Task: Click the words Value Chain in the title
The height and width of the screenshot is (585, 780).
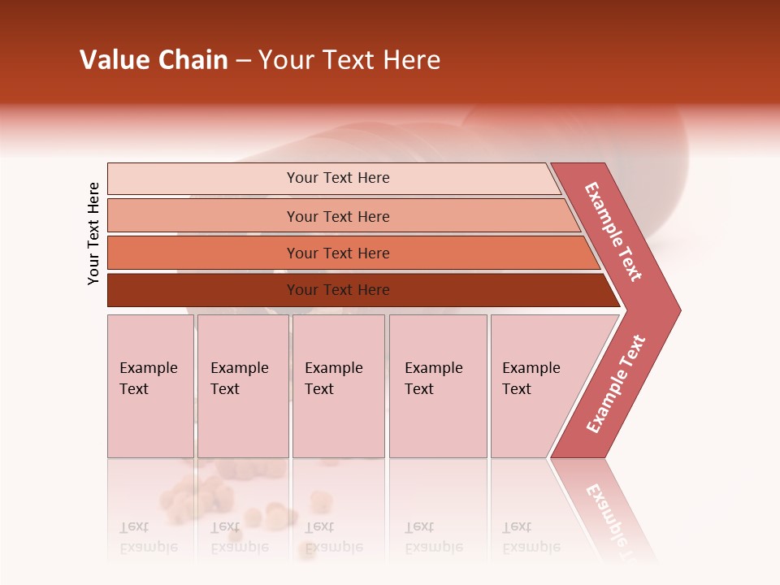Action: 154,60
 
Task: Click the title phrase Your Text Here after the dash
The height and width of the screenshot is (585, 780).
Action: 349,60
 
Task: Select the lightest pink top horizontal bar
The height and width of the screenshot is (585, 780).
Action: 203,178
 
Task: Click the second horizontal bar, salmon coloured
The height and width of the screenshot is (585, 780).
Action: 203,216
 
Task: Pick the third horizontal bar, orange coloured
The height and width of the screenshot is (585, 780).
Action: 203,253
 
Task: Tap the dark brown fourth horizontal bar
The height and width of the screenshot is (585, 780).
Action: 203,290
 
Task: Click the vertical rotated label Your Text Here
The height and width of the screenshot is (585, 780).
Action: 93,233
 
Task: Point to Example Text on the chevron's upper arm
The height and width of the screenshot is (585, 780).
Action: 613,231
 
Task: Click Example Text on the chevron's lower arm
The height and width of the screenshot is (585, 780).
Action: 615,384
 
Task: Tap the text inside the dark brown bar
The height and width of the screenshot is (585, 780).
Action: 338,290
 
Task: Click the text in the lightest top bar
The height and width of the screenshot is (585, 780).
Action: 338,178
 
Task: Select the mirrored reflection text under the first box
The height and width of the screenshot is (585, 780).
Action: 149,537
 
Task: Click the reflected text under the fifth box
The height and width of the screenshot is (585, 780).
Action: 531,537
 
